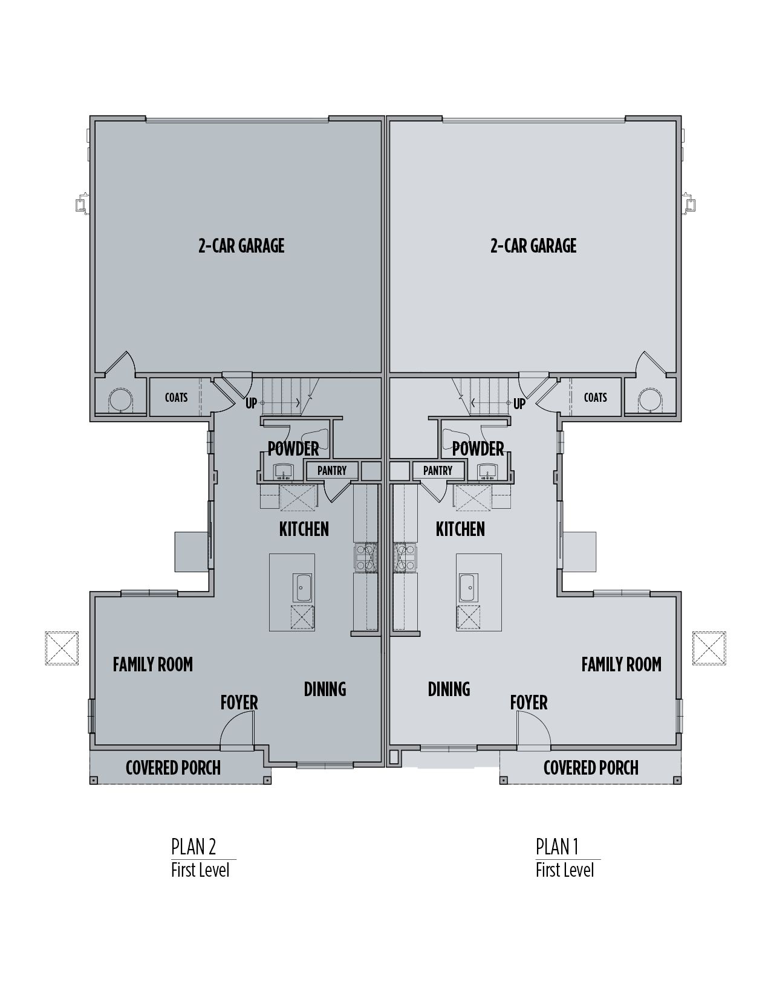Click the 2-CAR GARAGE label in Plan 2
tap(241, 245)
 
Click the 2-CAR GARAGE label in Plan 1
tap(533, 245)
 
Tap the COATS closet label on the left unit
tap(176, 397)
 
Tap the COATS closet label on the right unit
tap(595, 397)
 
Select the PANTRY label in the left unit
tap(332, 470)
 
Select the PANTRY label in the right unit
tap(438, 470)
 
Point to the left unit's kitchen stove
tap(365, 557)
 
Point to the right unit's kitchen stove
tap(403, 557)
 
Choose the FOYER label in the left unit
tap(239, 702)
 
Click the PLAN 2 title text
tap(194, 847)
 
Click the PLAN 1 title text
tap(557, 847)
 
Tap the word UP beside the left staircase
tap(251, 404)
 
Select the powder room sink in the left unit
tap(282, 471)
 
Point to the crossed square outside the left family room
tap(62, 648)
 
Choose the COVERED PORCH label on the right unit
tap(591, 767)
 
